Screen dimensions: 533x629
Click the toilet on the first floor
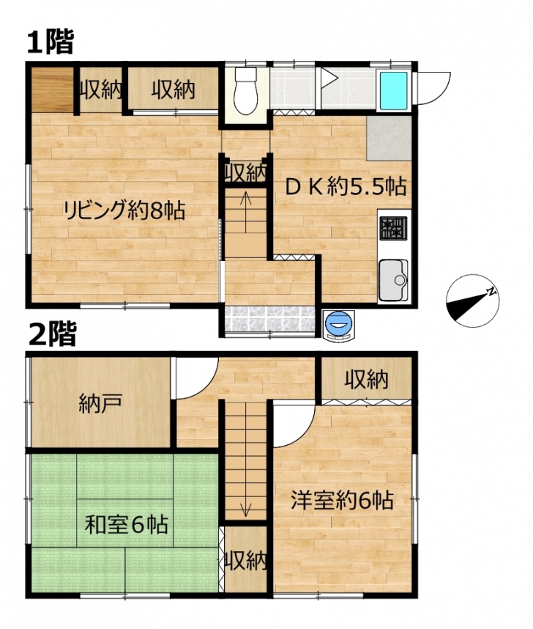tap(245, 91)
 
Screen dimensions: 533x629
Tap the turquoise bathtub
tap(393, 91)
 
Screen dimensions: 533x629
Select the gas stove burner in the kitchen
tap(393, 228)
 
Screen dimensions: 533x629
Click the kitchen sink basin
tap(393, 280)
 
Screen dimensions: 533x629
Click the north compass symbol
tap(473, 301)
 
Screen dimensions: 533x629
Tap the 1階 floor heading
tap(51, 43)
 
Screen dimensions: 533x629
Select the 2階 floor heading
tap(52, 334)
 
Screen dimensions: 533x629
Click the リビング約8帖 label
tap(124, 210)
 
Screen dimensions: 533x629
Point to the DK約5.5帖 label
tap(346, 186)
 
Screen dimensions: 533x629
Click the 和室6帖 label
tap(126, 525)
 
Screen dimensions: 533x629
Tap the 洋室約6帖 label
tap(342, 500)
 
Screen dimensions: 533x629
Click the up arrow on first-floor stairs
tap(245, 212)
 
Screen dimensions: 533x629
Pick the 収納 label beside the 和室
tap(246, 560)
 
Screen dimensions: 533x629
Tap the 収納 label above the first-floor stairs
tap(245, 173)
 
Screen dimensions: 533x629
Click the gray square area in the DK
tap(389, 139)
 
